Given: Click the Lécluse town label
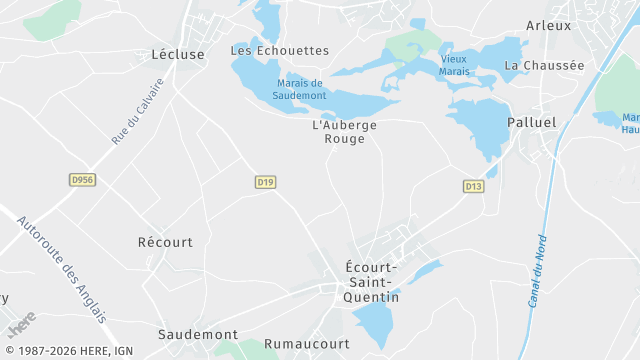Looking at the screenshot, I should (x=177, y=54).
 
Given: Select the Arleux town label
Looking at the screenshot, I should (x=548, y=25).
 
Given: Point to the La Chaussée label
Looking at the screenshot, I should (x=544, y=65).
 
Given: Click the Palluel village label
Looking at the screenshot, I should (x=531, y=121).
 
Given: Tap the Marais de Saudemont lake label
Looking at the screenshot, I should (x=299, y=89).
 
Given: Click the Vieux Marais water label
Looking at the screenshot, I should (x=453, y=66).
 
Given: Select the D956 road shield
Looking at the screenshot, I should (x=82, y=180).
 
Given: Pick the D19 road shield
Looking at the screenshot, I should (x=265, y=182).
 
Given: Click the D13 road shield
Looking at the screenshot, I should (x=473, y=187).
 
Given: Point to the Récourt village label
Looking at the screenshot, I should (x=165, y=242).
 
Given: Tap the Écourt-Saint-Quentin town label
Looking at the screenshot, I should (x=371, y=282).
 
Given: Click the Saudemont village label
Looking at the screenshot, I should (x=198, y=334).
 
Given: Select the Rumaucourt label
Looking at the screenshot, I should (x=306, y=343).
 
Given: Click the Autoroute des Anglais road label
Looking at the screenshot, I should (x=60, y=268).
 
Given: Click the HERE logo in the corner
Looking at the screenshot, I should (x=21, y=325).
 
